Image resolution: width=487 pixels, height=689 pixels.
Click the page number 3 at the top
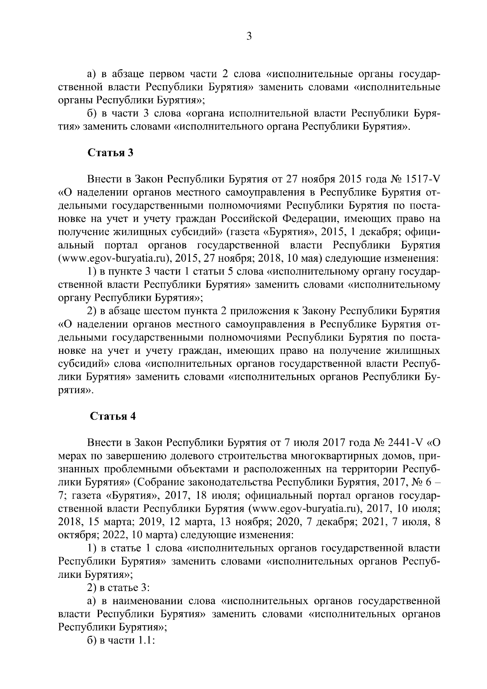pyautogui.click(x=249, y=37)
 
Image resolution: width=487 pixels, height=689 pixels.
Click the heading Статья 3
pyautogui.click(x=111, y=153)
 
